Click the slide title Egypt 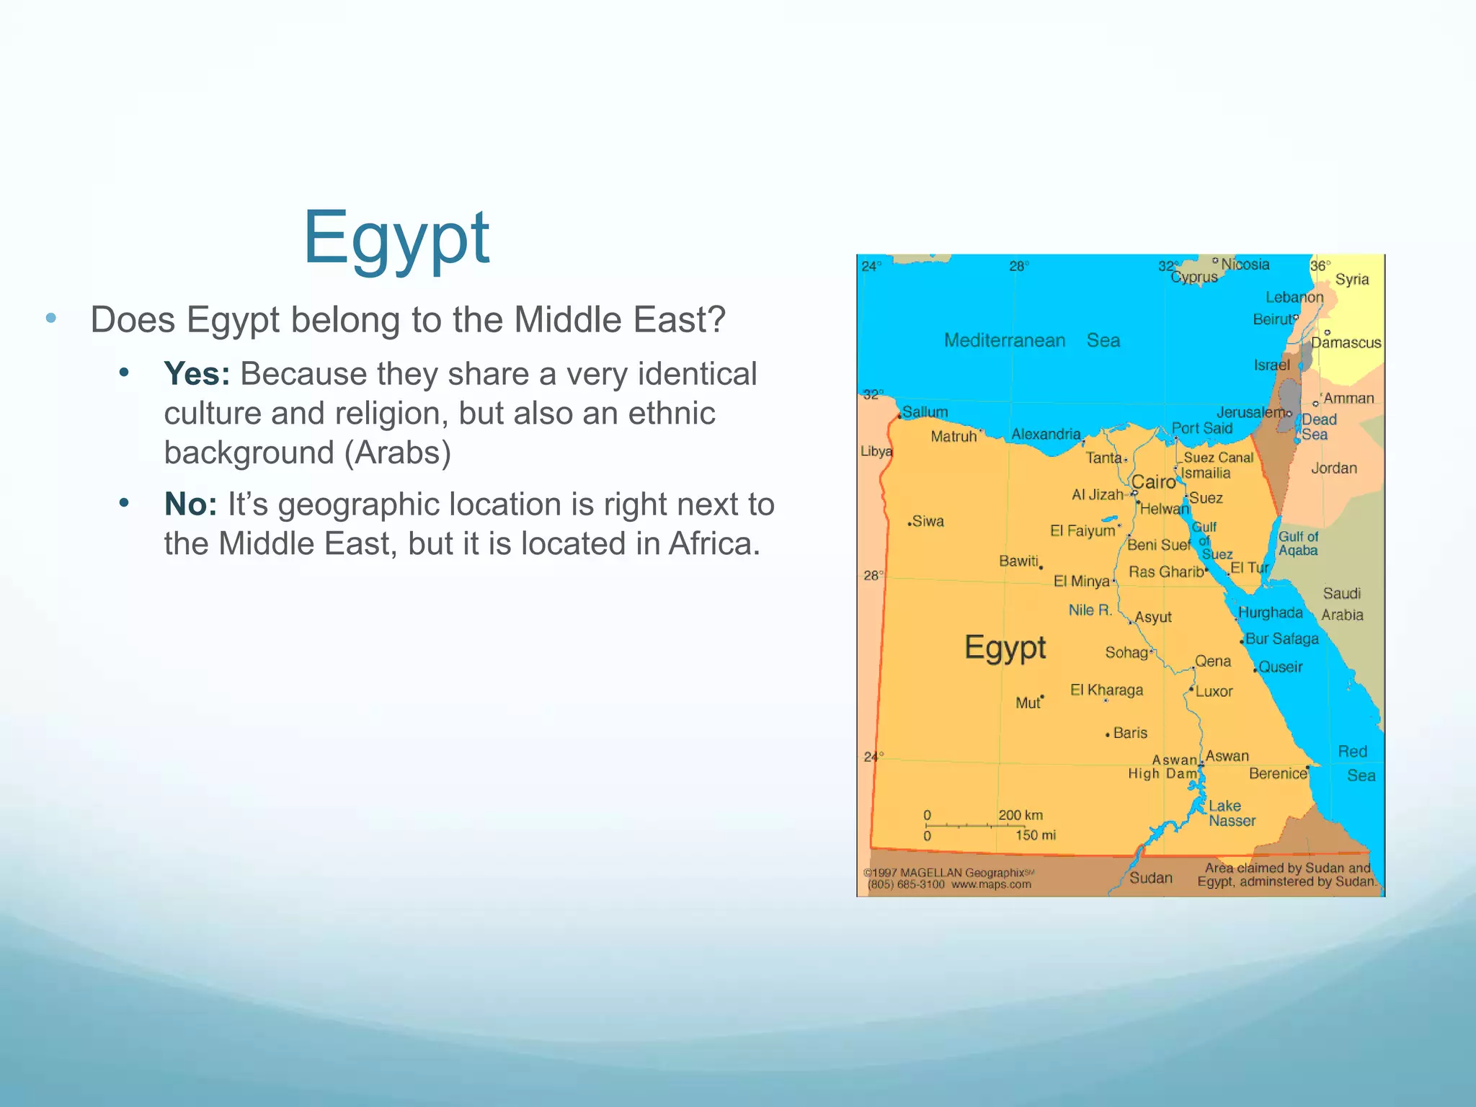(x=396, y=239)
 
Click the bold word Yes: (x=196, y=374)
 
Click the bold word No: (x=190, y=504)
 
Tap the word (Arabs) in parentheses (x=397, y=453)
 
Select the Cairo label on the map (x=1153, y=481)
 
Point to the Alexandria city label (x=1046, y=434)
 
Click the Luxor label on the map (x=1214, y=691)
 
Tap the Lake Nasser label (x=1231, y=813)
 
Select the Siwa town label (x=928, y=521)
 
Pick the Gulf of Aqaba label (x=1298, y=543)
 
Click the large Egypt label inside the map (x=1005, y=647)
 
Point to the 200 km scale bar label (x=1021, y=815)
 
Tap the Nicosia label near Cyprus (x=1245, y=264)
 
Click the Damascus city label (x=1346, y=343)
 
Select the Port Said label (x=1202, y=428)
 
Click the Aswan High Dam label (x=1163, y=767)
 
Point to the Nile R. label (x=1090, y=610)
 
